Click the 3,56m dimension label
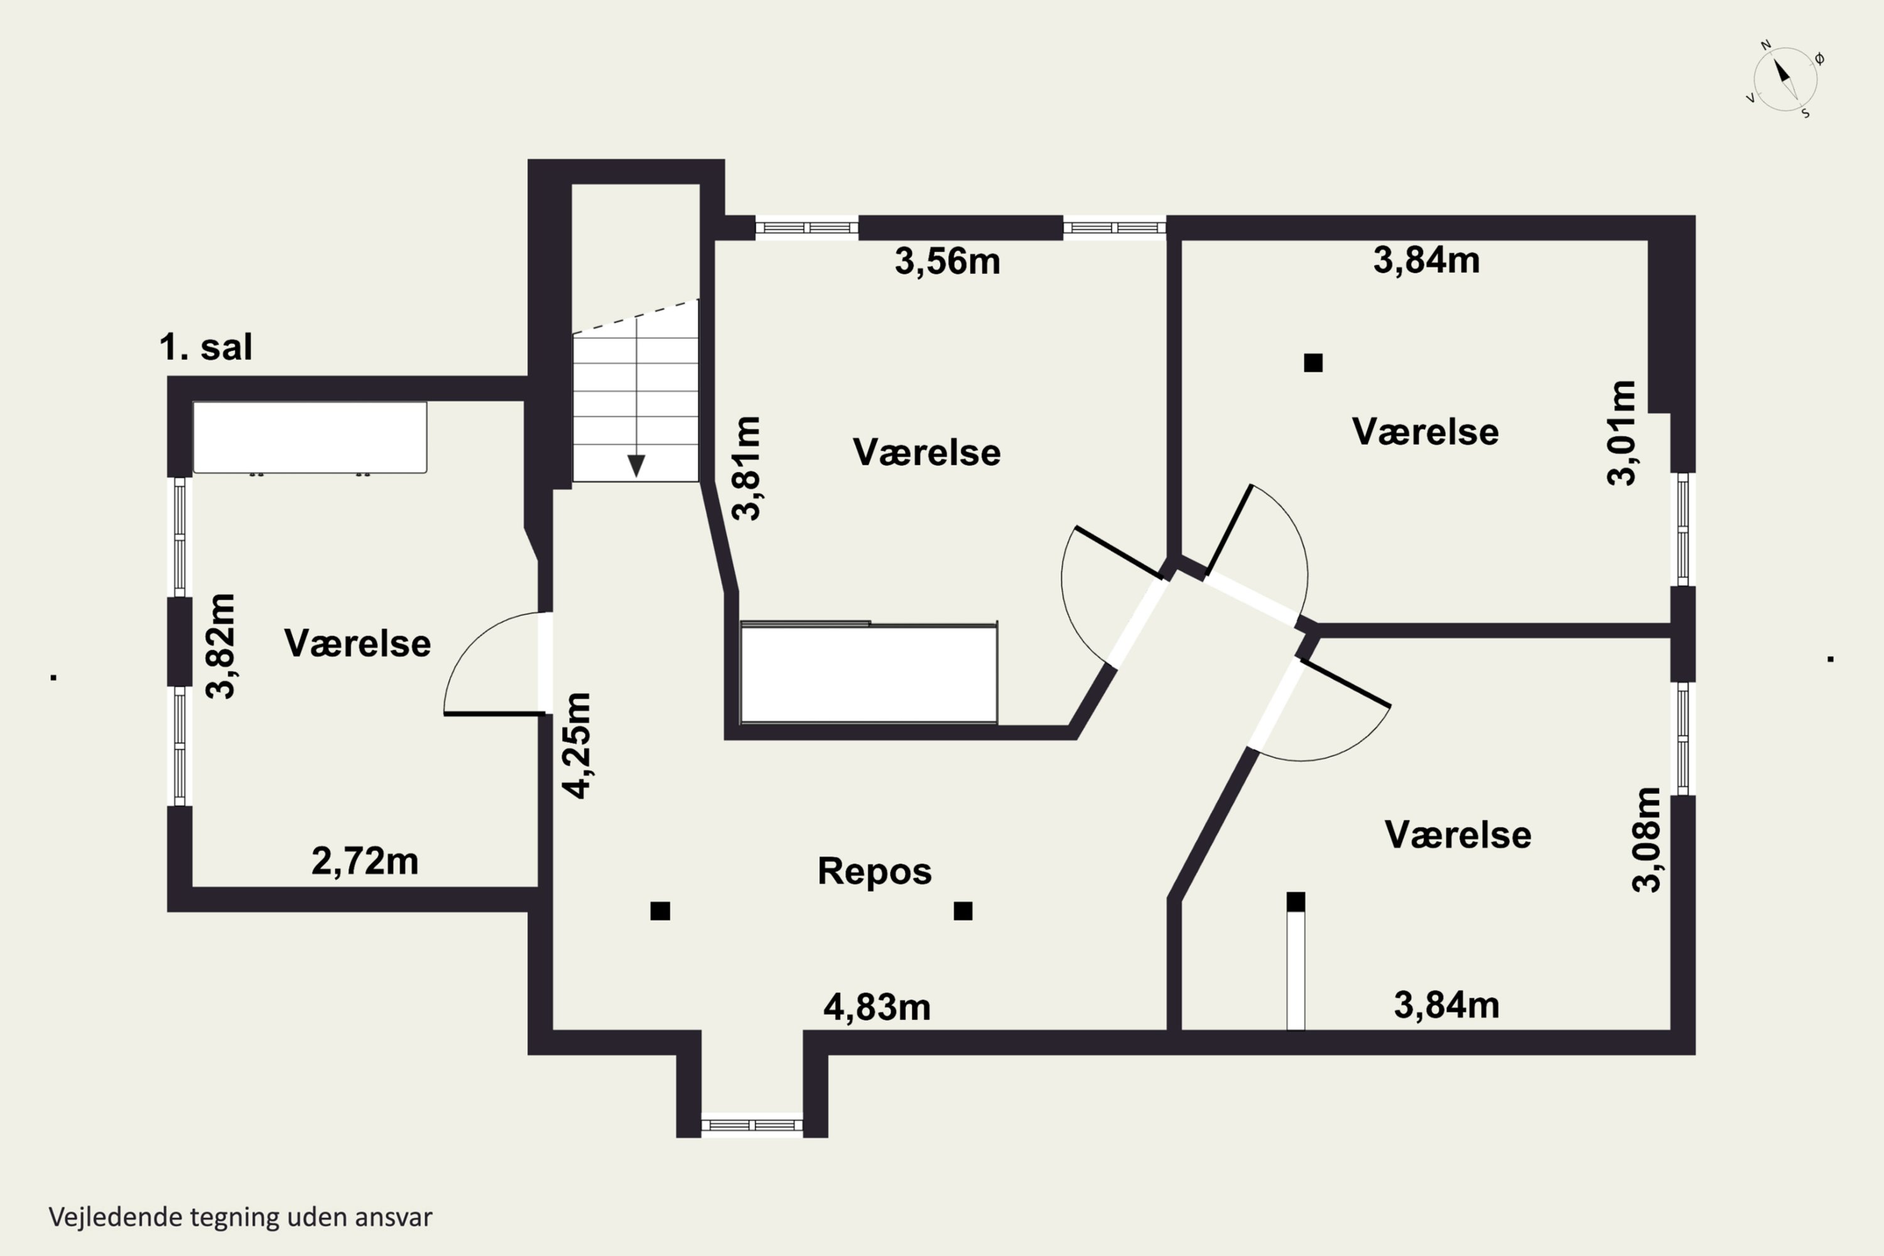point(948,262)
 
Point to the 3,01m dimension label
point(1622,433)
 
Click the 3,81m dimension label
point(747,468)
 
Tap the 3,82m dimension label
point(220,646)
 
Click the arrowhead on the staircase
point(636,466)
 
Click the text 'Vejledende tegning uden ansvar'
point(241,1217)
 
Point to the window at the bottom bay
point(752,1125)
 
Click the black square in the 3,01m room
point(1313,363)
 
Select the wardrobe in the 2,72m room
point(310,437)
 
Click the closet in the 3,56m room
point(869,672)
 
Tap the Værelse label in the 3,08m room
point(1458,835)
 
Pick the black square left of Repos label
point(660,911)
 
